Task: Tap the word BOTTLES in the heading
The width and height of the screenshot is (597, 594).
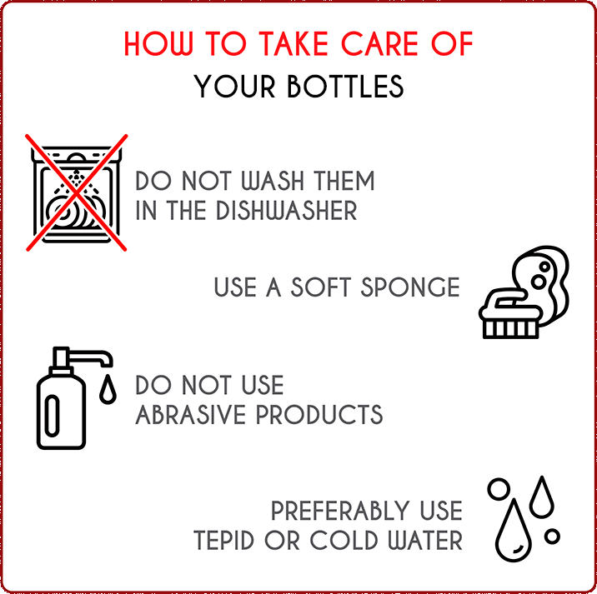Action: (345, 87)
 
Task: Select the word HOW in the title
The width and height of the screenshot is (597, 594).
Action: (158, 44)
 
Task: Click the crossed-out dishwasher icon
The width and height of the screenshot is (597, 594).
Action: (77, 193)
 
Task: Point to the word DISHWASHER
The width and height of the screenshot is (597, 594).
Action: (287, 211)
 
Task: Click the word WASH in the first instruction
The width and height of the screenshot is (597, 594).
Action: (273, 181)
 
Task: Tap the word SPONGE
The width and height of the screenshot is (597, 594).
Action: (410, 287)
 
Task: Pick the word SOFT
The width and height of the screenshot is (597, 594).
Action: (320, 287)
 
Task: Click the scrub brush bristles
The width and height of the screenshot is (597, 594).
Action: (510, 329)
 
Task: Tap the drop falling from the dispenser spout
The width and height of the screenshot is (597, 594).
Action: (108, 389)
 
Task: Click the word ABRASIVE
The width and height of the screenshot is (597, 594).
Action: (190, 415)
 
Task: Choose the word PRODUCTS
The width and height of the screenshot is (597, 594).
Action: (319, 415)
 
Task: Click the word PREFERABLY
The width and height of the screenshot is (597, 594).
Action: (340, 511)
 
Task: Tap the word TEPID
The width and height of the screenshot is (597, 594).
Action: (223, 541)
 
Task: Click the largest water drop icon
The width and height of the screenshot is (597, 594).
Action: (514, 531)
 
